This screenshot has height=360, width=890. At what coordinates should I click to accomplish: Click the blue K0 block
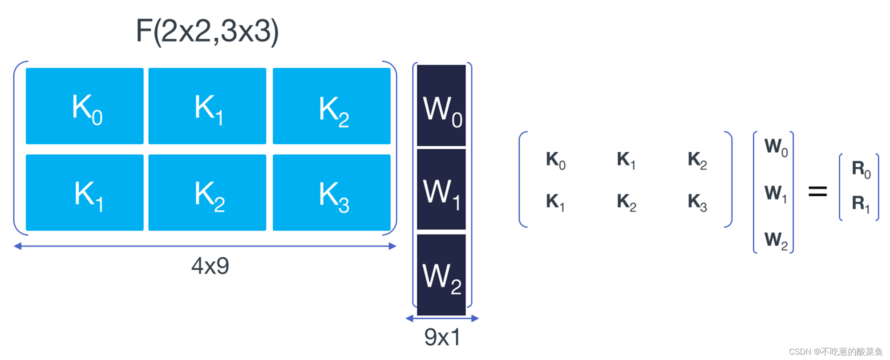pyautogui.click(x=85, y=106)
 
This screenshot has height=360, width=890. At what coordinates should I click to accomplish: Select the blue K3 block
pyautogui.click(x=332, y=192)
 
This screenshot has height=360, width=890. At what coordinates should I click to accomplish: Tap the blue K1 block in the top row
pyautogui.click(x=207, y=106)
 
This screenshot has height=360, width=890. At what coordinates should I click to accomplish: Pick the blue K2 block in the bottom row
pyautogui.click(x=207, y=192)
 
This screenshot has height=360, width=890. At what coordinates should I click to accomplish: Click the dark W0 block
pyautogui.click(x=441, y=106)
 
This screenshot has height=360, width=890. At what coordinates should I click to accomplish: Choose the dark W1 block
pyautogui.click(x=441, y=190)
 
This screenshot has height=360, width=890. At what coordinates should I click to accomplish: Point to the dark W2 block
pyautogui.click(x=441, y=275)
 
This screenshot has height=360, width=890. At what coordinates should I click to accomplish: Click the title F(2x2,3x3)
pyautogui.click(x=207, y=31)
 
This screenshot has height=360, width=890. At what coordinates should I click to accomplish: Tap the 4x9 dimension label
pyautogui.click(x=210, y=266)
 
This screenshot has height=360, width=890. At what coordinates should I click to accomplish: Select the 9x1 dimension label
pyautogui.click(x=442, y=337)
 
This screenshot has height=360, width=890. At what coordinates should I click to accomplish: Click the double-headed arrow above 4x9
pyautogui.click(x=205, y=246)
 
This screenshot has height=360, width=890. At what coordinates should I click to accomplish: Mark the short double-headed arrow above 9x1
pyautogui.click(x=442, y=318)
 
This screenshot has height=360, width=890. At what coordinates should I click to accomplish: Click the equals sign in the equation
pyautogui.click(x=817, y=192)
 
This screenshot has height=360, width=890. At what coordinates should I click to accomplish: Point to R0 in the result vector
pyautogui.click(x=861, y=169)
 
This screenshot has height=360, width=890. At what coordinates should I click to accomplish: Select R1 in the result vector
pyautogui.click(x=861, y=203)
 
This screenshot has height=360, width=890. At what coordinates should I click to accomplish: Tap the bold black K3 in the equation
pyautogui.click(x=697, y=202)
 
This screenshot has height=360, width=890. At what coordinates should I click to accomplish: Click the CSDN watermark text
pyautogui.click(x=835, y=352)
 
